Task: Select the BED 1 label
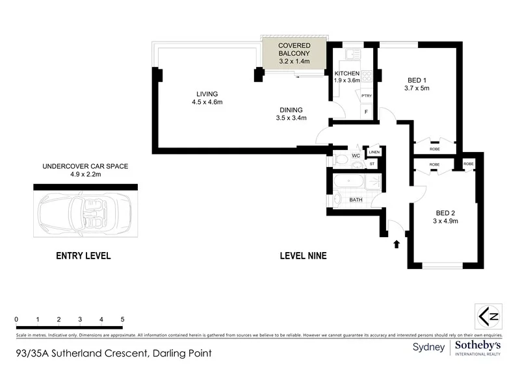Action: point(417,79)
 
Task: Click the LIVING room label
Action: point(204,94)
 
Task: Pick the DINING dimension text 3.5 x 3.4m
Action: point(291,118)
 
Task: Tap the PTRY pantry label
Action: point(367,96)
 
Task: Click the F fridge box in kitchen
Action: point(367,112)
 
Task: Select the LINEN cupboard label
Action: point(374,153)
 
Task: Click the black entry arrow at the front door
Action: point(396,244)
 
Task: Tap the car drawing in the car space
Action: point(85,212)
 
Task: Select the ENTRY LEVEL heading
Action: point(84,256)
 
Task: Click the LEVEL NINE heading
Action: point(303,256)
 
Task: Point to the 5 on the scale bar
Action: point(122,320)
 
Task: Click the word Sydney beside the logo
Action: point(429,348)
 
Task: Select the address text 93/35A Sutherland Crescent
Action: point(81,355)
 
